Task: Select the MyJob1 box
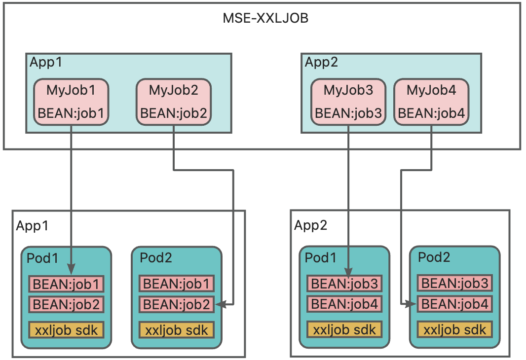71,102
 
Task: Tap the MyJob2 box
173,102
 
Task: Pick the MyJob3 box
348,102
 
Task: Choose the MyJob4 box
431,102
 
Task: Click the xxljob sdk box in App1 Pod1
67,329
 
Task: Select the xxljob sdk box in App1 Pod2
177,329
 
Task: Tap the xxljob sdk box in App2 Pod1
344,329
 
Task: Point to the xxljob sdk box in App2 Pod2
455,329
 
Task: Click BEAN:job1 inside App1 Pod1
67,284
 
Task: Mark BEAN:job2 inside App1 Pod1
67,304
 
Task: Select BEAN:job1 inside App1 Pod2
177,284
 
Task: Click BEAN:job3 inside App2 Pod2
455,283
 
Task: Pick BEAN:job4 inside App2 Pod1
344,304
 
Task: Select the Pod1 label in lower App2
322,257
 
